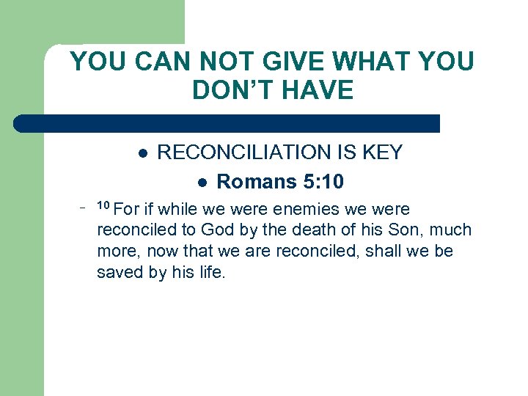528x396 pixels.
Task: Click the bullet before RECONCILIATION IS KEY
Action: [144, 153]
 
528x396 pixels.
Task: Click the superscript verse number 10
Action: [103, 205]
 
